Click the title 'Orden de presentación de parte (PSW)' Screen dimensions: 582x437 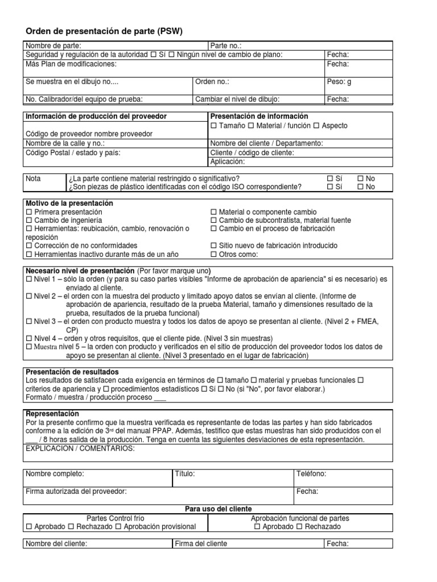coord(105,30)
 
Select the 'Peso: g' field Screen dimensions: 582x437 coord(339,82)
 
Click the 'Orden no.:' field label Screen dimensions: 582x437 coord(212,82)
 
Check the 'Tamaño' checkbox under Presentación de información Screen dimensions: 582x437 coord(214,126)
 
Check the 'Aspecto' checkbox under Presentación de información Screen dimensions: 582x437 coord(317,126)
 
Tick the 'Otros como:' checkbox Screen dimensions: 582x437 coord(214,254)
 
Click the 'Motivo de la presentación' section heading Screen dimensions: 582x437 coord(69,203)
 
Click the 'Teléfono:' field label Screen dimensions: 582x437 coord(311,474)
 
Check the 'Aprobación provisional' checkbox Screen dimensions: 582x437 coord(119,527)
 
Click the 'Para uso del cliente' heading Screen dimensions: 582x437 coord(218,509)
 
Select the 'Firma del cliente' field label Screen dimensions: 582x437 coord(201,544)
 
